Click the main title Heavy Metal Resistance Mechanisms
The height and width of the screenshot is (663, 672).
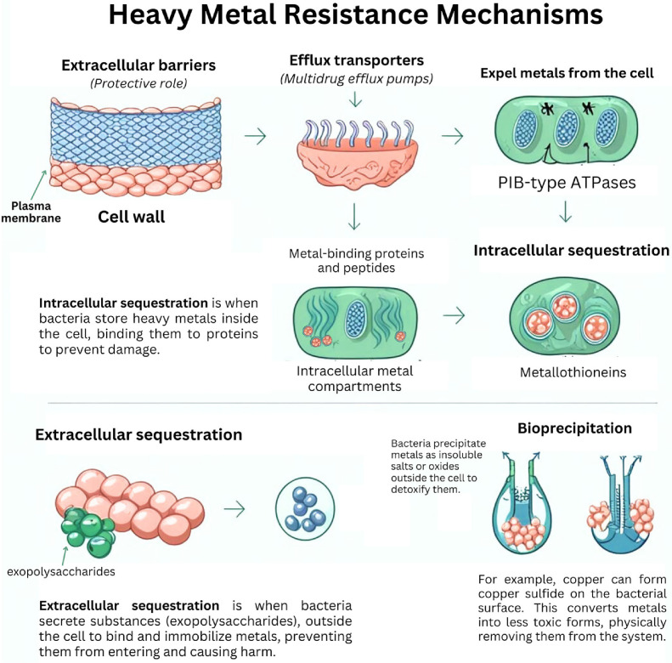pyautogui.click(x=336, y=19)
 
